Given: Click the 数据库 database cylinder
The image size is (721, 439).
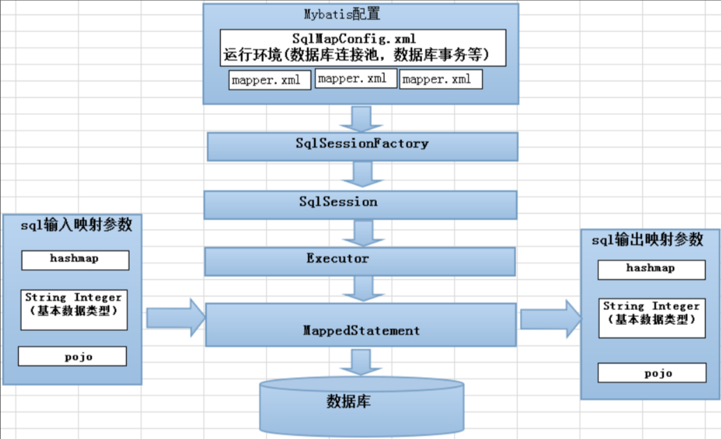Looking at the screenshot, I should [x=361, y=404].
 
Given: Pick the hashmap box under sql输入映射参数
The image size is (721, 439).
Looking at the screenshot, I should [x=75, y=259].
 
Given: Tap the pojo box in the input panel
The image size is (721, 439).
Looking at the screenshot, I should [x=72, y=356].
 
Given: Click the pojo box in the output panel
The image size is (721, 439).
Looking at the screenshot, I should [x=647, y=373].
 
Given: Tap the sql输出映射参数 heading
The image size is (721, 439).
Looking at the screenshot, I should [x=647, y=240].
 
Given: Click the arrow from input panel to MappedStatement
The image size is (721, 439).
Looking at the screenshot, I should [x=176, y=318].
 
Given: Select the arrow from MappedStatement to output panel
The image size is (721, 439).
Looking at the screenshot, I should [x=550, y=319].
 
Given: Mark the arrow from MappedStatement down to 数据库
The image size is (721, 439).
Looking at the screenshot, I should [x=361, y=363].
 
